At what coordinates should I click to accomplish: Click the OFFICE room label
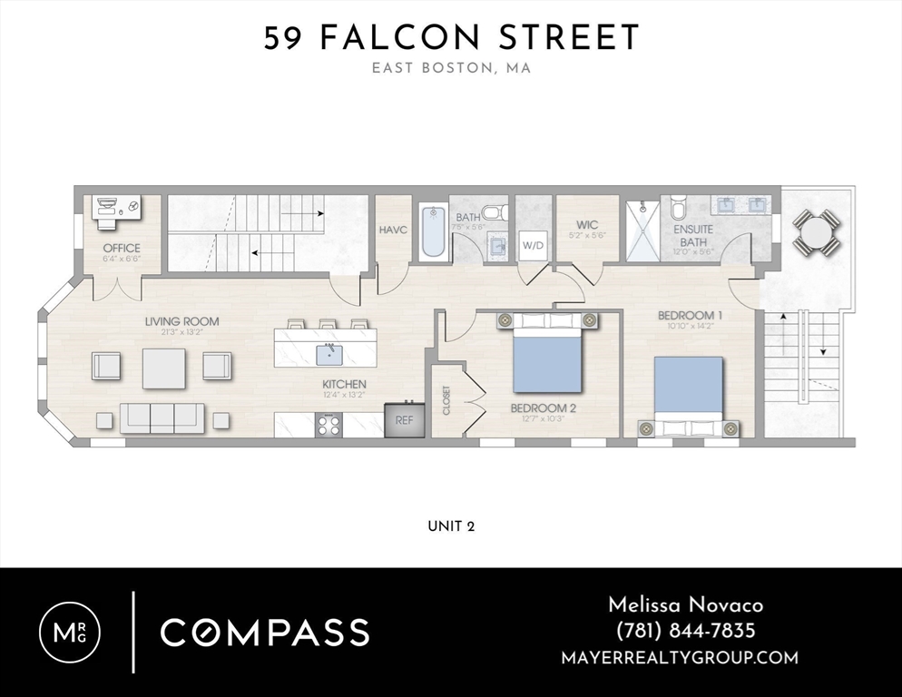click(121, 248)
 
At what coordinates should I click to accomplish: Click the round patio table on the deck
click(817, 232)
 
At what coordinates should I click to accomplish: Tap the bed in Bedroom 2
click(546, 354)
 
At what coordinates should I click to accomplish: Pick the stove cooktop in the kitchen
click(328, 424)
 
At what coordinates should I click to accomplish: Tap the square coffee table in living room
click(163, 368)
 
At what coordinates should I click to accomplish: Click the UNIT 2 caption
click(451, 526)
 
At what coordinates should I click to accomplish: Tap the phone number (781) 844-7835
click(685, 631)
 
